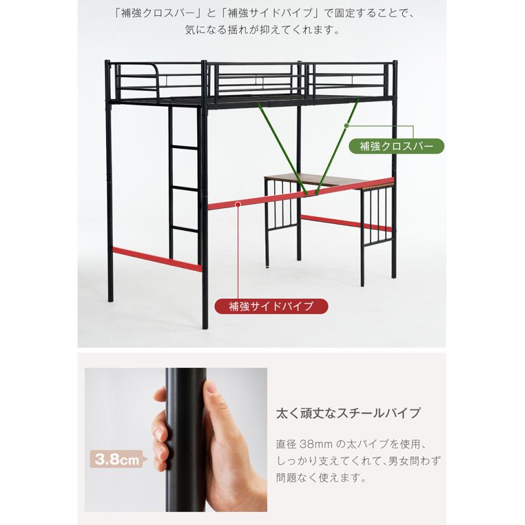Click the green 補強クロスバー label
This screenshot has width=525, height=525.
pos(396,145)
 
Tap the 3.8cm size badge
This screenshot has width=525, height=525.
pos(117,460)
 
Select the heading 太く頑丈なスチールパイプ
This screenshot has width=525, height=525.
pos(348,414)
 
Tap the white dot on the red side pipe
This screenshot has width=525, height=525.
pos(239,204)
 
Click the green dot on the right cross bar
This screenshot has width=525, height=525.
pos(346,125)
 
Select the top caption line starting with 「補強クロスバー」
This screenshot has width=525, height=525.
pos(262,13)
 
